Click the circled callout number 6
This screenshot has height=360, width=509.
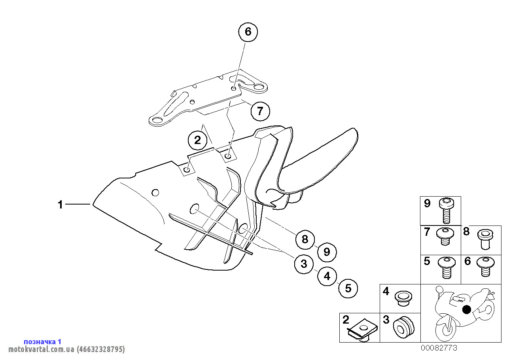248,32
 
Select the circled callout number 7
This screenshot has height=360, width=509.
260,111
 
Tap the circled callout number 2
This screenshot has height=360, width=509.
197,139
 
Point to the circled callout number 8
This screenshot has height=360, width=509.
305,239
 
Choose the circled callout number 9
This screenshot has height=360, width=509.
327,252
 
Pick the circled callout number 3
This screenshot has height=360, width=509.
304,264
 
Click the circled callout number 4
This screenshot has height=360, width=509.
327,276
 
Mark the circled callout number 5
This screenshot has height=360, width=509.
348,288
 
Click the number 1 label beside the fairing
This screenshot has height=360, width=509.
60,205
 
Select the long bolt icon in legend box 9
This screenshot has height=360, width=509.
447,210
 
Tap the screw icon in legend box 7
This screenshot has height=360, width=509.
444,236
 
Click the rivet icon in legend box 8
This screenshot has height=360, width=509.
485,239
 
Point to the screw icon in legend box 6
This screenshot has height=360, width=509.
485,265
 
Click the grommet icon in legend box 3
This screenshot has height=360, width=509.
403,328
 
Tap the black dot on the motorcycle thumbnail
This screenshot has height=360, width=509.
467,309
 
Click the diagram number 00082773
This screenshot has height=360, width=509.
439,348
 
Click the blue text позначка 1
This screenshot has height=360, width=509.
43,341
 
